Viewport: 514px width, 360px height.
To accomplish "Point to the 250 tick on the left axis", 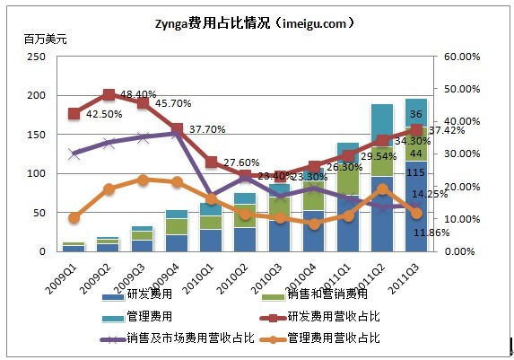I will pyautogui.click(x=36, y=57).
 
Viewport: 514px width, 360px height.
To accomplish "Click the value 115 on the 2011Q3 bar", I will pyautogui.click(x=416, y=173).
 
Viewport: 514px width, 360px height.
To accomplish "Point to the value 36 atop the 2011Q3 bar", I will pyautogui.click(x=416, y=114).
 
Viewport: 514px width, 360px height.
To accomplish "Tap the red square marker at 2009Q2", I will pyautogui.click(x=109, y=94).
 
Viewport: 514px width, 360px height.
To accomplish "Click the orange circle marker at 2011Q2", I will pyautogui.click(x=382, y=189).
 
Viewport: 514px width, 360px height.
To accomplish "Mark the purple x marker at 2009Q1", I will pyautogui.click(x=74, y=154).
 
